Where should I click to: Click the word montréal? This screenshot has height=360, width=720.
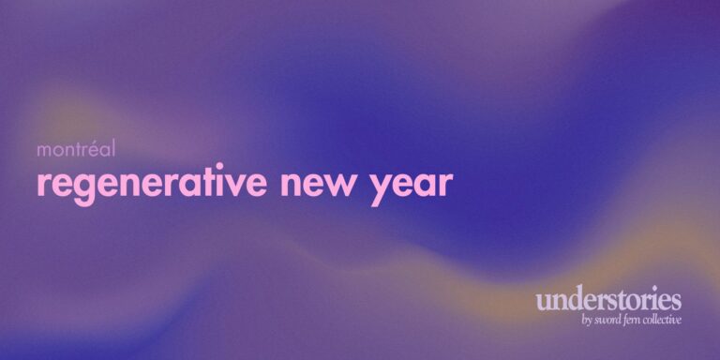[x=75, y=149]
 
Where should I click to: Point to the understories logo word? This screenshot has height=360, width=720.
[x=608, y=302]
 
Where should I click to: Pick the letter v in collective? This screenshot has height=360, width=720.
[x=672, y=322]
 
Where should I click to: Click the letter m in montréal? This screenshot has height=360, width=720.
[x=44, y=150]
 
